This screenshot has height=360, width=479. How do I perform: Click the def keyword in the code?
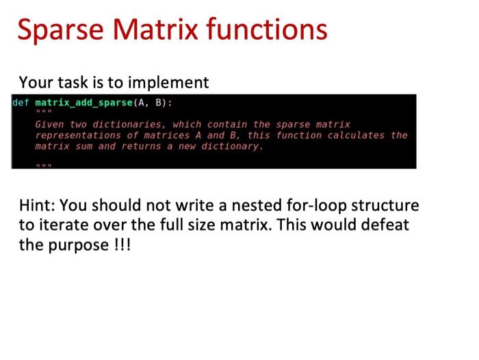coord(21,103)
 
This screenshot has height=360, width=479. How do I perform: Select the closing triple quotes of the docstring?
coord(43,164)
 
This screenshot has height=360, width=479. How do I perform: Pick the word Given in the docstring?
coord(49,125)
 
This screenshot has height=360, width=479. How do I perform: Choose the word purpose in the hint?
coord(75,244)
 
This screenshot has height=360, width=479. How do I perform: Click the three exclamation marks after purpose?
coord(118,244)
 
